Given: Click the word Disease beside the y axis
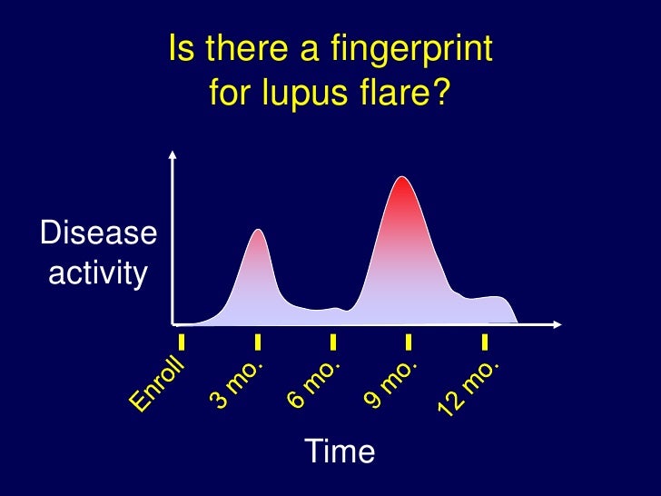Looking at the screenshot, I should (97, 233).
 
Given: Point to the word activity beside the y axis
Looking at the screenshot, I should (97, 272).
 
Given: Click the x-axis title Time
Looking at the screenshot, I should (340, 451).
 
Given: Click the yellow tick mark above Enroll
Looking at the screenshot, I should (182, 342).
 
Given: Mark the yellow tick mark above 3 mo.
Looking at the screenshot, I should (258, 342).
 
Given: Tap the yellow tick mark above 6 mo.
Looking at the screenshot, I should (333, 342).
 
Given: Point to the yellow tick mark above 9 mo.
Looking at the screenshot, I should (409, 342).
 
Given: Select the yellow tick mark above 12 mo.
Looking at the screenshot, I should (485, 342).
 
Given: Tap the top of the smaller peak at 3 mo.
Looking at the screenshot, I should (259, 231).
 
